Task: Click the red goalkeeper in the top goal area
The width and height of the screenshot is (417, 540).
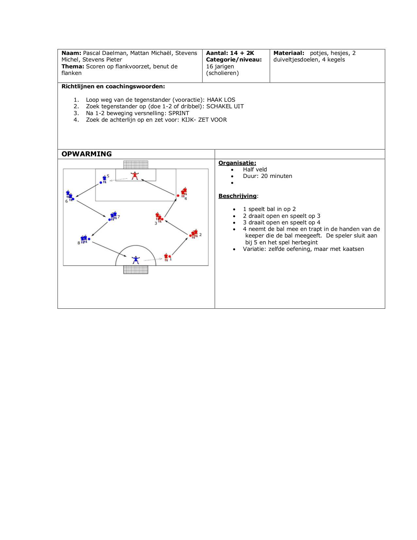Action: pyautogui.click(x=134, y=176)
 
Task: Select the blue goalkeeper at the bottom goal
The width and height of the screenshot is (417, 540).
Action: pyautogui.click(x=135, y=260)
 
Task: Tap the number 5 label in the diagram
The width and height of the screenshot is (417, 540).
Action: pyautogui.click(x=108, y=176)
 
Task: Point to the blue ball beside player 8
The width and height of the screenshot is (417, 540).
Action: pyautogui.click(x=89, y=239)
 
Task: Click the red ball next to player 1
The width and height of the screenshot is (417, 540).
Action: pyautogui.click(x=170, y=256)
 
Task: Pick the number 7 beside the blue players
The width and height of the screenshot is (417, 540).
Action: pyautogui.click(x=119, y=217)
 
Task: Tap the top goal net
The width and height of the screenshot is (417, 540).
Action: pyautogui.click(x=136, y=165)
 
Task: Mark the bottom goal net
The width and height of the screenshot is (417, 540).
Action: pyautogui.click(x=136, y=270)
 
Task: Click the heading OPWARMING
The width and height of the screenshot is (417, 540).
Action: pyautogui.click(x=87, y=154)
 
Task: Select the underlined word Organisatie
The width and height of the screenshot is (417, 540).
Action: pyautogui.click(x=237, y=163)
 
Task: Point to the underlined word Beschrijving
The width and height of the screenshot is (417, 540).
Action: pyautogui.click(x=237, y=196)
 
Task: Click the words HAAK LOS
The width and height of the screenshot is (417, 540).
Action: pyautogui.click(x=221, y=100)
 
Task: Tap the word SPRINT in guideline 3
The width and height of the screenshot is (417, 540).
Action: pyautogui.click(x=179, y=113)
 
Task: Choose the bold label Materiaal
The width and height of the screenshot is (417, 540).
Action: pyautogui.click(x=288, y=53)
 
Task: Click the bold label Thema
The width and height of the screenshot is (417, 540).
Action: pyautogui.click(x=73, y=66)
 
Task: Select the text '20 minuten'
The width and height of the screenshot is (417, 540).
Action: pyautogui.click(x=276, y=176)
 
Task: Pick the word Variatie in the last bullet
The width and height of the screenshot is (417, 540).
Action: pyautogui.click(x=254, y=249)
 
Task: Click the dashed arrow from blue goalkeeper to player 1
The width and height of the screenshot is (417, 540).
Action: pyautogui.click(x=153, y=260)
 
